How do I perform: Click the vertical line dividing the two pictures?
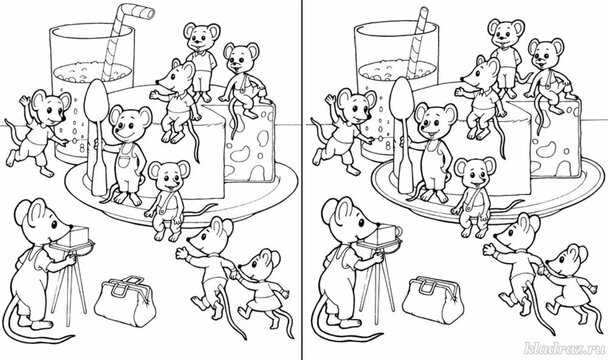304,180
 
